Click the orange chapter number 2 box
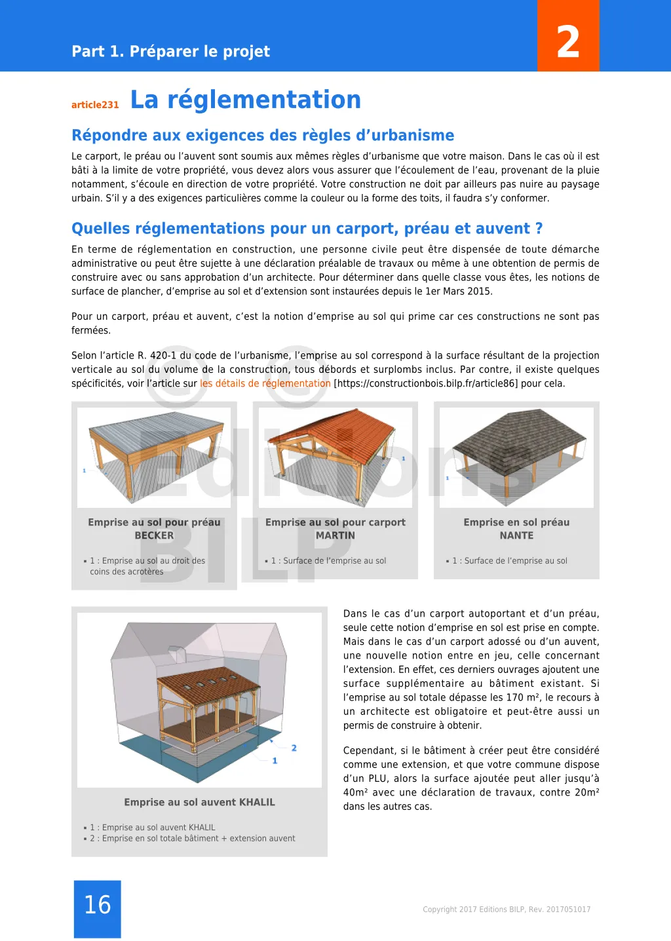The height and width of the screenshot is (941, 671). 568,36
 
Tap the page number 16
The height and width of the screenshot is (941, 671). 98,905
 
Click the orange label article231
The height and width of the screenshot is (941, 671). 95,105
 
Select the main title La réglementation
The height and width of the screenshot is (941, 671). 246,100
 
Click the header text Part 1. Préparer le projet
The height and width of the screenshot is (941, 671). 170,52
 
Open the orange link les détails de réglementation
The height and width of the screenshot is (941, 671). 265,384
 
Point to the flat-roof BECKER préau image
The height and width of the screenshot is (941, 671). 154,457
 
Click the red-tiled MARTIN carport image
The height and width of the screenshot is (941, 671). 335,457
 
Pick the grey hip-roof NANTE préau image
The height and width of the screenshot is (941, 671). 516,457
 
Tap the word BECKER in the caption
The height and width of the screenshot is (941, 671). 154,535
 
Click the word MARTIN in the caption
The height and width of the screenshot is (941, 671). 335,535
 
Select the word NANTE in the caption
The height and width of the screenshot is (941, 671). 516,535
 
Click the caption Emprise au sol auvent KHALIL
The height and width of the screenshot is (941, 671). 199,802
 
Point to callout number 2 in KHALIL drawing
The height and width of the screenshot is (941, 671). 294,748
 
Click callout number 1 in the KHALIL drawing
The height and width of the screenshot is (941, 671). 275,761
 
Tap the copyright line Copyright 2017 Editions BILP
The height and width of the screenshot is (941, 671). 507,910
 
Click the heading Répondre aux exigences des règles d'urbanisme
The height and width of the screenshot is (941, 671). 263,136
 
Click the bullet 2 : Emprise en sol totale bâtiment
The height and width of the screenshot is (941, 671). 193,839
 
